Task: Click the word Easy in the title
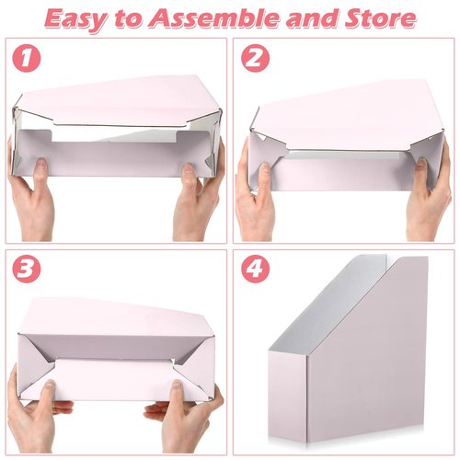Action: point(80,17)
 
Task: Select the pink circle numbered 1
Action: point(31,59)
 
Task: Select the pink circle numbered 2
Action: point(255,59)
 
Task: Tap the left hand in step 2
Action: point(253,198)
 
